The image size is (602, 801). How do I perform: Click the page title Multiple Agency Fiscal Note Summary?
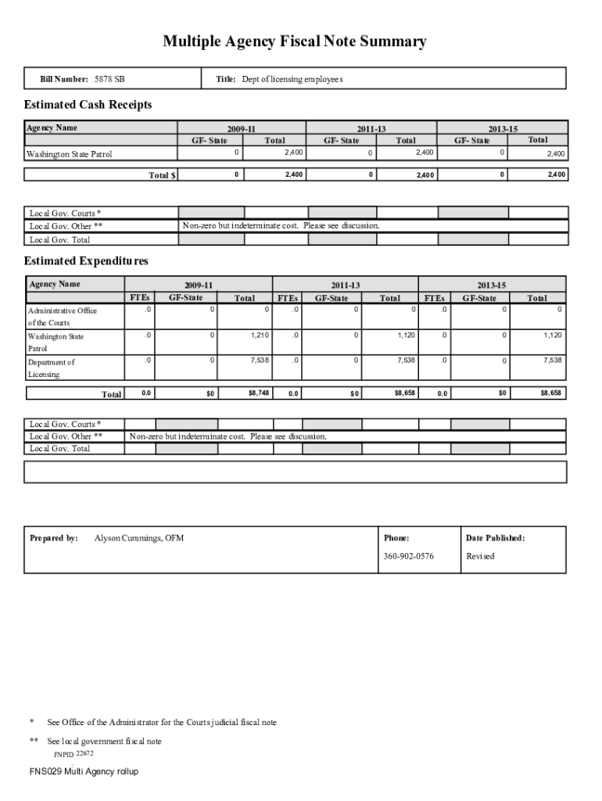pos(295,42)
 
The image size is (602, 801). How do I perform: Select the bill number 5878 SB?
pos(109,80)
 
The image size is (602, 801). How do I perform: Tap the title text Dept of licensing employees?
pos(292,80)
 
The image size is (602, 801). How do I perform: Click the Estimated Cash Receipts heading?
pos(88,105)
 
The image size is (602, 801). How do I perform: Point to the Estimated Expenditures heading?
pos(86,260)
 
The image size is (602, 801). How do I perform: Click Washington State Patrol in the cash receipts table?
pos(70,154)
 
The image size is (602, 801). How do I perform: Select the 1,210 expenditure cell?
pos(260,336)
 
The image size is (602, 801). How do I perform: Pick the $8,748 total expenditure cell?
pos(259,393)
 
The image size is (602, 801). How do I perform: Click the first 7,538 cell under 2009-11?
pos(260,361)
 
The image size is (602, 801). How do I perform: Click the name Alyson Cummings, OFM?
pos(139,538)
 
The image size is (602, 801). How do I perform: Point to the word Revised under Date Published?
pos(480,556)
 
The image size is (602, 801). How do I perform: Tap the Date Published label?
pos(495,538)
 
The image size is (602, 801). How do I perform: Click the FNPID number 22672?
pos(84,753)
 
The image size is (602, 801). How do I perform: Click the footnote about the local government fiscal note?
pos(105,741)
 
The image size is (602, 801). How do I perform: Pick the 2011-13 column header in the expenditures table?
pos(345,286)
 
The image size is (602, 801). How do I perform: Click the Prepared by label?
pos(53,538)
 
